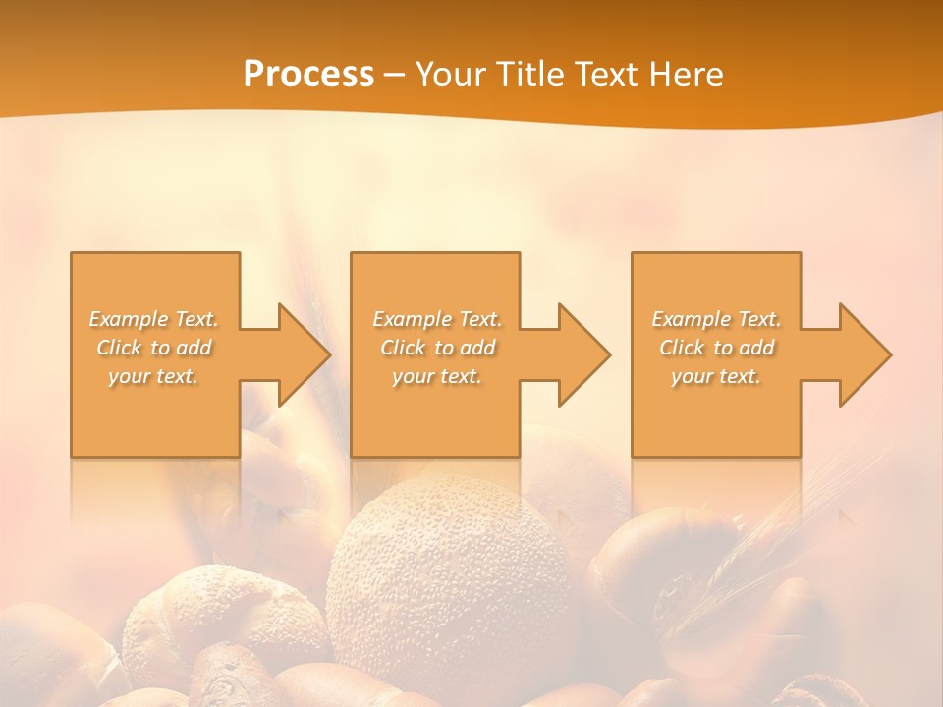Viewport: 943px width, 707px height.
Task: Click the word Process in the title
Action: pyautogui.click(x=308, y=75)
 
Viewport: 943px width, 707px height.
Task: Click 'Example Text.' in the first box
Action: pyautogui.click(x=153, y=319)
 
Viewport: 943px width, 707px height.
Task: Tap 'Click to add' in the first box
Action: pyautogui.click(x=153, y=348)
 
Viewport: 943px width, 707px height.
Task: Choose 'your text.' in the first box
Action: pyautogui.click(x=153, y=376)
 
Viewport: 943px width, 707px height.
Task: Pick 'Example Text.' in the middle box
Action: pyautogui.click(x=437, y=319)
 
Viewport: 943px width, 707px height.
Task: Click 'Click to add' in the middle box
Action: pyautogui.click(x=437, y=348)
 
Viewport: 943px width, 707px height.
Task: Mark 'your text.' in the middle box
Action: pyautogui.click(x=437, y=376)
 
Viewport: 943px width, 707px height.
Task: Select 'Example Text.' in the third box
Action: pyautogui.click(x=716, y=319)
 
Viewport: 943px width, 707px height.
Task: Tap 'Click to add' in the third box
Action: pyautogui.click(x=716, y=348)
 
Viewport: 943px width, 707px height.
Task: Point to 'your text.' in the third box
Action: pyautogui.click(x=716, y=376)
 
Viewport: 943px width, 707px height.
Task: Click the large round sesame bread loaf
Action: pyautogui.click(x=447, y=579)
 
